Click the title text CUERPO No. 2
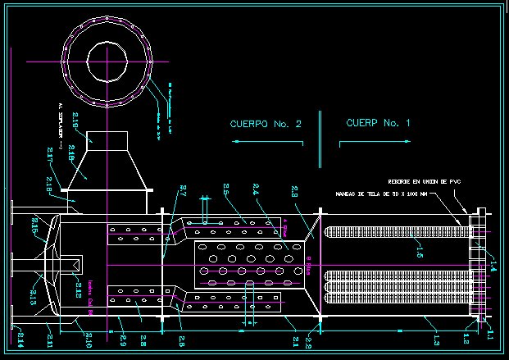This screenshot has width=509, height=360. coord(266,124)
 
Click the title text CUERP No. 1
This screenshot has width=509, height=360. coord(378,123)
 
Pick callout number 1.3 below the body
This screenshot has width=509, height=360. coord(436,338)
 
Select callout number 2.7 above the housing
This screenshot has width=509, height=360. coord(182,195)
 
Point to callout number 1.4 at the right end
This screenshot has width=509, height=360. coord(492,264)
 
